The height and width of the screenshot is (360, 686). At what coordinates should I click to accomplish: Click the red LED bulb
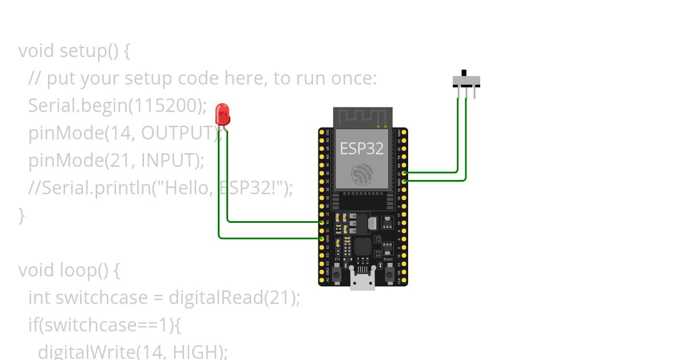click(x=222, y=114)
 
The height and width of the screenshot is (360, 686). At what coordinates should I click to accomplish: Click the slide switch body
click(x=466, y=82)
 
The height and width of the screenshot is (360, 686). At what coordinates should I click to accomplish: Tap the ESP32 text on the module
click(x=362, y=149)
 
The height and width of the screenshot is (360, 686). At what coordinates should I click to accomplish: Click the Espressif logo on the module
click(x=362, y=174)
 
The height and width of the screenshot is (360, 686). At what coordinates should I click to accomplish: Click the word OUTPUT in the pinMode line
click(x=177, y=133)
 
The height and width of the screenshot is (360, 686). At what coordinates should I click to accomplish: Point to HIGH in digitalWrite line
click(x=194, y=351)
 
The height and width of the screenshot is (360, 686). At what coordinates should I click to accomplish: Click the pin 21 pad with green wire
click(x=404, y=172)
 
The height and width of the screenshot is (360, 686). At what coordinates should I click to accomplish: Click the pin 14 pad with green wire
click(x=322, y=222)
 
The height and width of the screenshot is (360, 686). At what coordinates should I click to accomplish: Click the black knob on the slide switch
click(x=464, y=73)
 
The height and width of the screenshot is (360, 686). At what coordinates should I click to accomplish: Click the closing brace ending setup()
click(x=22, y=215)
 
